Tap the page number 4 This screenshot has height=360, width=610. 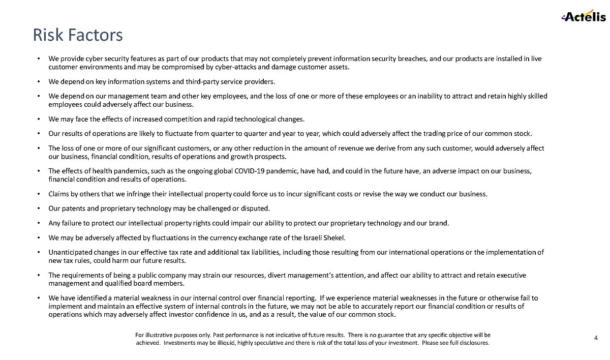pyautogui.click(x=596, y=338)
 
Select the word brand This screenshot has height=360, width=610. pyautogui.click(x=440, y=223)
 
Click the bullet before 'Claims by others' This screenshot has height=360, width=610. pyautogui.click(x=40, y=194)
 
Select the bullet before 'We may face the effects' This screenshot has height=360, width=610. pyautogui.click(x=40, y=119)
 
